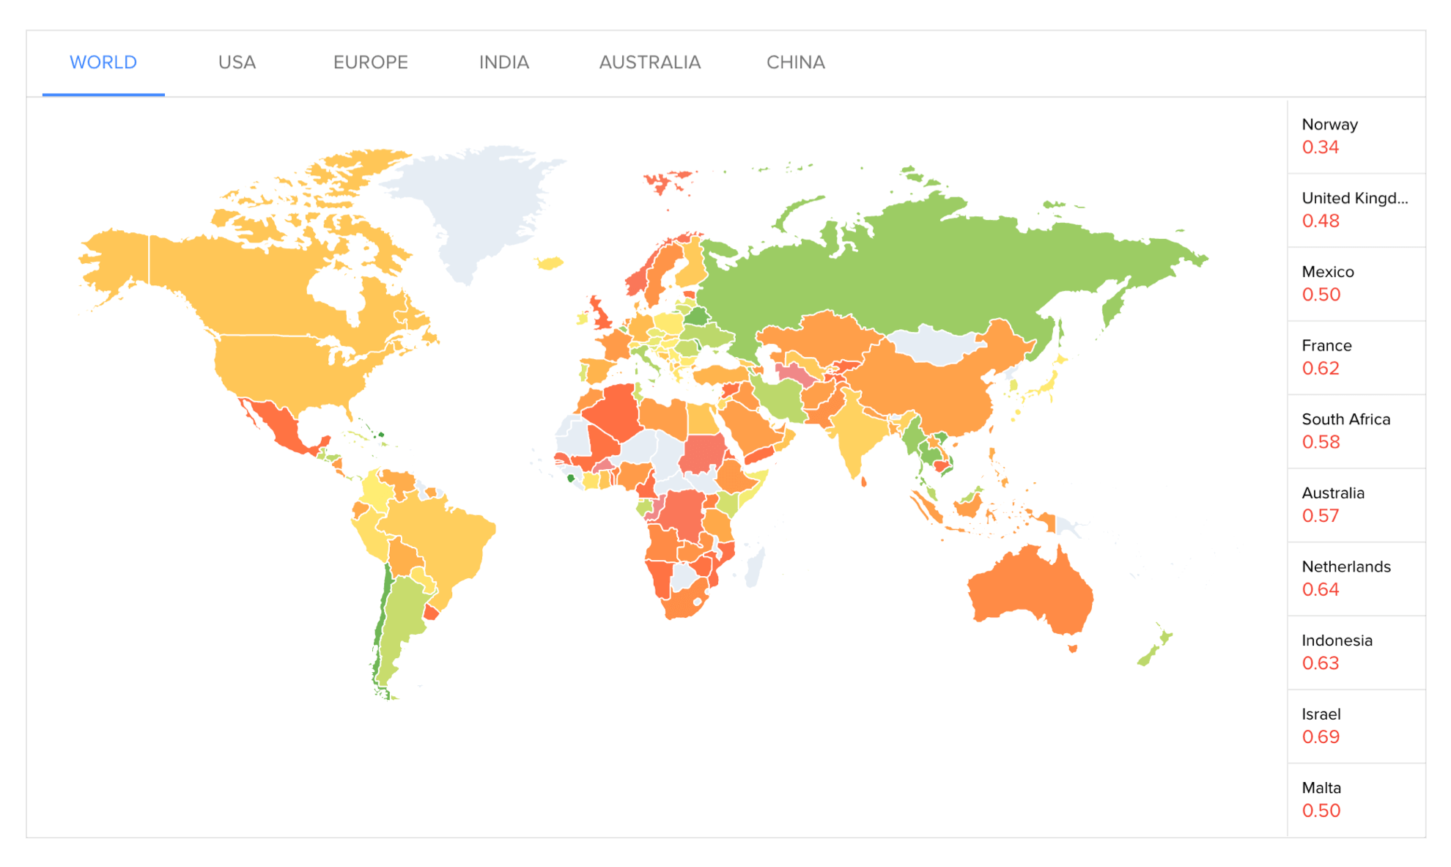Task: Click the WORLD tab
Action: point(103,62)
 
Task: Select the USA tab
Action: point(237,62)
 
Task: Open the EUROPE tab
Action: point(371,62)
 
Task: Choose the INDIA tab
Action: point(504,62)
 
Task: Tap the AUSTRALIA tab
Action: point(650,62)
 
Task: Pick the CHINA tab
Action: point(796,62)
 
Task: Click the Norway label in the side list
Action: point(1329,125)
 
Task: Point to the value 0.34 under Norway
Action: point(1320,147)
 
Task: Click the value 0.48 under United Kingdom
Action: point(1321,221)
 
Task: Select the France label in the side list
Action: point(1326,346)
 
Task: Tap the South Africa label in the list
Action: point(1345,419)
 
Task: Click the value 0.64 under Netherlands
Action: point(1320,590)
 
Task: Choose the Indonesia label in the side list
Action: point(1337,641)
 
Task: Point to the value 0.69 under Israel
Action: point(1321,737)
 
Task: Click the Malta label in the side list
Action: point(1321,788)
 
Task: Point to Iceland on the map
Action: point(550,263)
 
